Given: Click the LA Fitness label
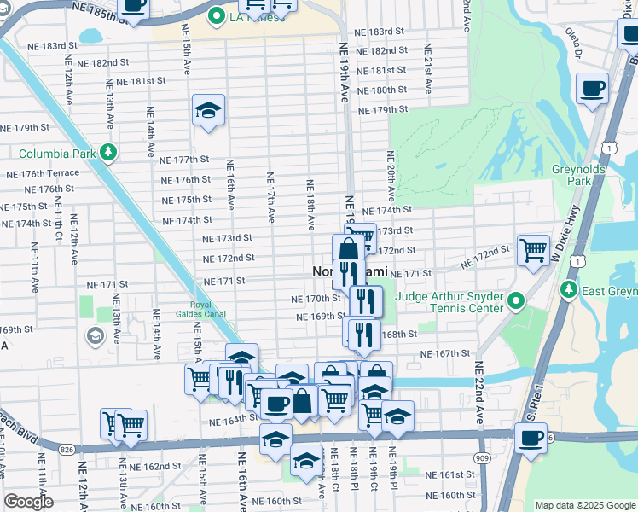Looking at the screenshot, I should (x=257, y=17).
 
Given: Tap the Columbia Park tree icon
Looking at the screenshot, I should (x=107, y=153).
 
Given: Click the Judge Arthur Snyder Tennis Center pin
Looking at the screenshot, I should (x=516, y=301).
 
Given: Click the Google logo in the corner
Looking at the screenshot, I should (x=28, y=502).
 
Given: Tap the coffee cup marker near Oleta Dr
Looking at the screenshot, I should (x=592, y=87).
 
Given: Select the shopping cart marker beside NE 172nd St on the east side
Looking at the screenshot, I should (x=533, y=251).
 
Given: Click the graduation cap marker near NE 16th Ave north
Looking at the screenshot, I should (x=208, y=110).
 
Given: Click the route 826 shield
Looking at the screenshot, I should (x=67, y=448).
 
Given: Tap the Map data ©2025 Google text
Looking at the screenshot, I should (x=584, y=505).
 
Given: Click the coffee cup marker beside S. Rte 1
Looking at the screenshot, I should (x=531, y=439).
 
